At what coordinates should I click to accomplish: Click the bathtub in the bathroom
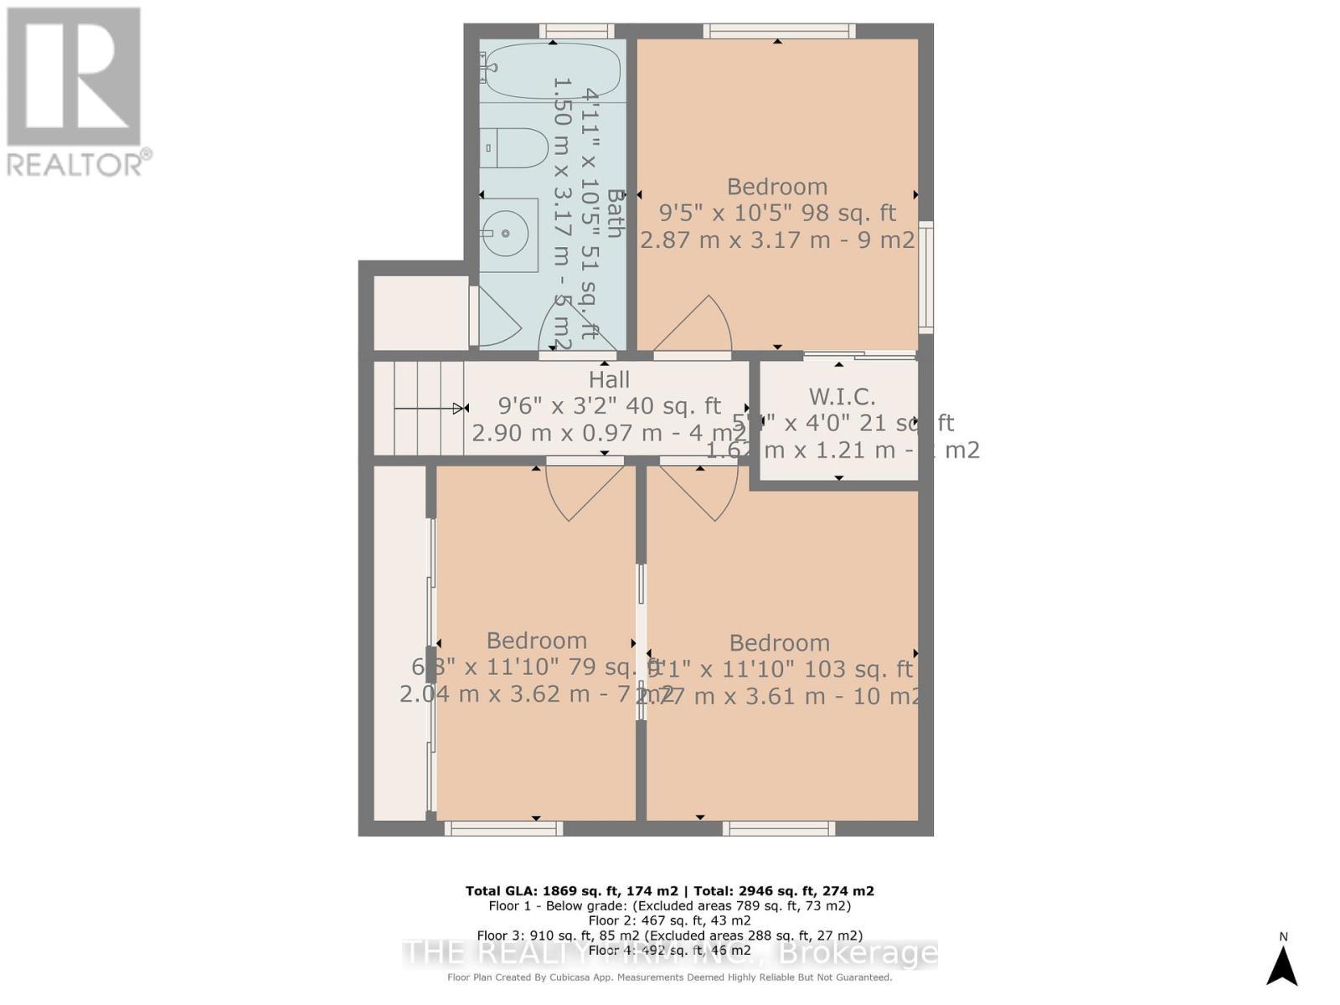pyautogui.click(x=553, y=71)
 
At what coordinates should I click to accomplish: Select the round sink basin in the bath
pyautogui.click(x=507, y=233)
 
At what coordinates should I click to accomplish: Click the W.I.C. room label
pyautogui.click(x=842, y=397)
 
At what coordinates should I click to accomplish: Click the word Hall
pyautogui.click(x=609, y=379)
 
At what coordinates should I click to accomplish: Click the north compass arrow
pyautogui.click(x=1281, y=965)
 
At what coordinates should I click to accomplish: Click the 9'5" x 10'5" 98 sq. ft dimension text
pyautogui.click(x=777, y=214)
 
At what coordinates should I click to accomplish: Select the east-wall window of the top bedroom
pyautogui.click(x=925, y=276)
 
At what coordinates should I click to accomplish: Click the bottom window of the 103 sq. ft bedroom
pyautogui.click(x=779, y=828)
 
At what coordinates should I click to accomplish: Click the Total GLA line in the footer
pyautogui.click(x=669, y=891)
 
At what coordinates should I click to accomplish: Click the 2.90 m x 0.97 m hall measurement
pyautogui.click(x=609, y=433)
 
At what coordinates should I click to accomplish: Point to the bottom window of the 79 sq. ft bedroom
pyautogui.click(x=503, y=828)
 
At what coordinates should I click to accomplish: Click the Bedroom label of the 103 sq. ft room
pyautogui.click(x=779, y=643)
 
